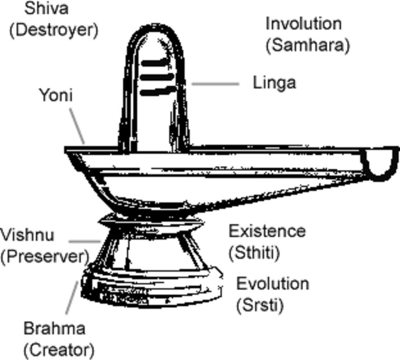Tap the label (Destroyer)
[54, 29]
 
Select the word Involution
[303, 24]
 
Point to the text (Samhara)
[308, 45]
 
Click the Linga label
[274, 83]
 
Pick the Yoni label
[56, 95]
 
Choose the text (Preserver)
[44, 256]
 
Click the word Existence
[267, 231]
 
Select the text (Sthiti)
[254, 252]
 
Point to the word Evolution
[272, 283]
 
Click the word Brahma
[54, 329]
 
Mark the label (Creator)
[59, 350]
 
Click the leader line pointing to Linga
[215, 83]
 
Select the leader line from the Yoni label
[77, 125]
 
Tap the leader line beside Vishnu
[83, 241]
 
